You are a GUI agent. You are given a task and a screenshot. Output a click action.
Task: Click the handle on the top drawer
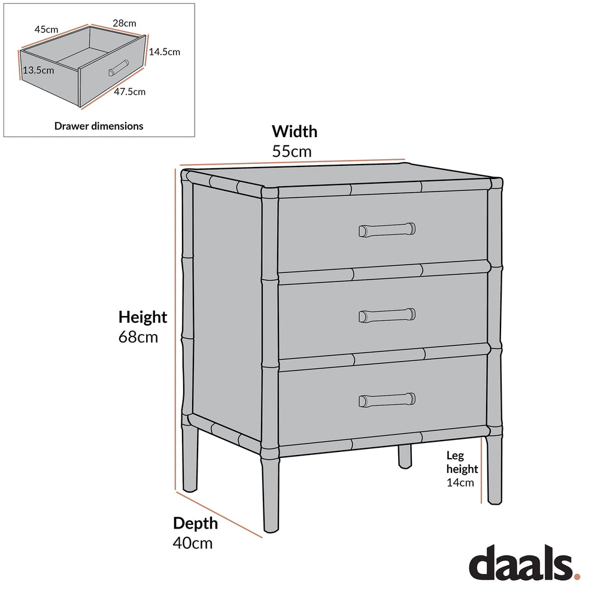(x=387, y=229)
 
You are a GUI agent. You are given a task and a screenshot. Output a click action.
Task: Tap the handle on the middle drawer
(x=387, y=315)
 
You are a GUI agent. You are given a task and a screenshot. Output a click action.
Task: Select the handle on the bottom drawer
(x=387, y=399)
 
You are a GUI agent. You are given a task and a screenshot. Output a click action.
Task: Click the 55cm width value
(x=292, y=151)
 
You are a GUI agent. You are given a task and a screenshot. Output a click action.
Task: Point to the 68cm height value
(x=138, y=337)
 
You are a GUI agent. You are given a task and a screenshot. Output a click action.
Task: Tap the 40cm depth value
(x=193, y=543)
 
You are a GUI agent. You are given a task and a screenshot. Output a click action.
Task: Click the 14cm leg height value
(x=460, y=482)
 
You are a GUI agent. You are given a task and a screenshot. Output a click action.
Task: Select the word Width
(x=295, y=131)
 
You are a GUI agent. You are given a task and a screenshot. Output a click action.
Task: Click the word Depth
(x=196, y=523)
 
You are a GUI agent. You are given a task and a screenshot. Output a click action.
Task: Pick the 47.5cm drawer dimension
(x=130, y=92)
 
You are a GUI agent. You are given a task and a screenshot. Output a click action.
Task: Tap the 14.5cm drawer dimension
(x=164, y=51)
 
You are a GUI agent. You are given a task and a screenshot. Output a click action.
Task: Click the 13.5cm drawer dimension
(x=38, y=70)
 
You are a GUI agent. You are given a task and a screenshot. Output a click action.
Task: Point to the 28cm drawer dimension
(x=125, y=23)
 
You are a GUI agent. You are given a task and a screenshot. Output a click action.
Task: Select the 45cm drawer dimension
(x=46, y=29)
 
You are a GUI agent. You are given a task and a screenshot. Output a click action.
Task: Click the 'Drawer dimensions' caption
(x=99, y=126)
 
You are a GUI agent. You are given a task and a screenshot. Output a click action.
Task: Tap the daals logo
(x=521, y=564)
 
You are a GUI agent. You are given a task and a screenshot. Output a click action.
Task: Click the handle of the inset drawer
(x=118, y=68)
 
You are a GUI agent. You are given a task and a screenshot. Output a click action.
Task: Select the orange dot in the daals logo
(x=577, y=576)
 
